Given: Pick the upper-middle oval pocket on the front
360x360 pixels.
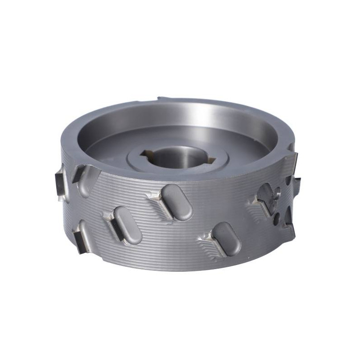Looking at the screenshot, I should [x=177, y=202].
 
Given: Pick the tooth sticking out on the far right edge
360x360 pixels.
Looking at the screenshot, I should [x=297, y=182].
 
